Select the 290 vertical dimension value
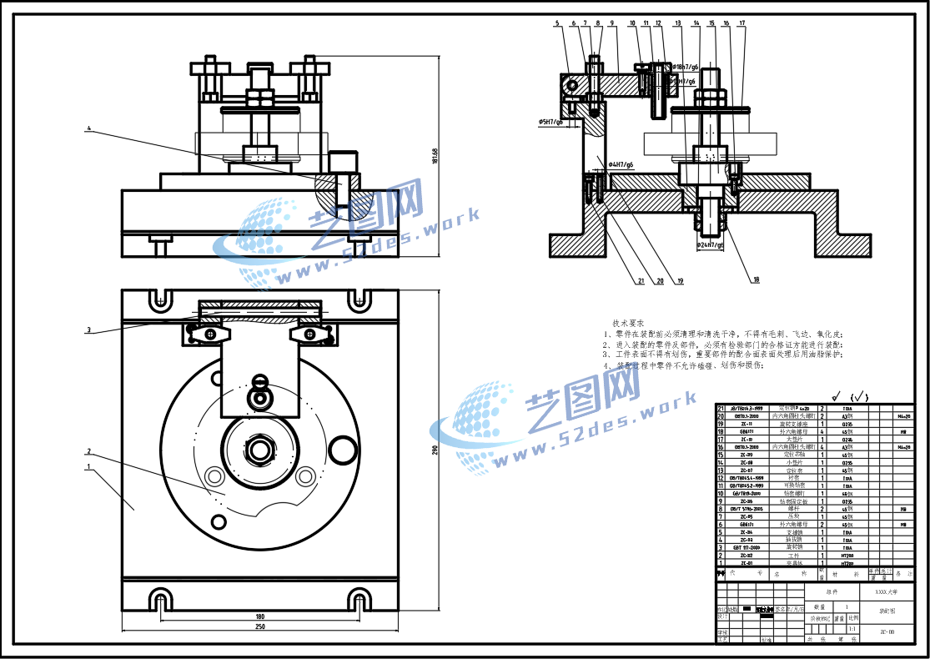click(435, 449)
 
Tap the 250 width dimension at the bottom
click(260, 626)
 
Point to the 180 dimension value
click(260, 616)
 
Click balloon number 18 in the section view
click(757, 280)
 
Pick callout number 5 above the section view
click(557, 23)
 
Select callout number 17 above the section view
click(741, 23)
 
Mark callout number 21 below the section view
click(641, 281)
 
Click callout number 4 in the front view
click(88, 129)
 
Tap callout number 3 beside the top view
click(88, 329)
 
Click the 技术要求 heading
click(628, 323)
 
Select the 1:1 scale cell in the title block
click(852, 618)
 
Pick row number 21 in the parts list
click(721, 407)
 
